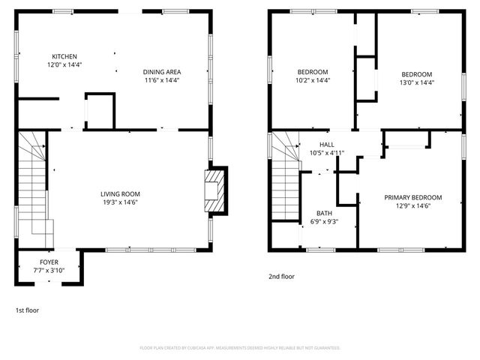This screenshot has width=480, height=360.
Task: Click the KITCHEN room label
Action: point(64,57)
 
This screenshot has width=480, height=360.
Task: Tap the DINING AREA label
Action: point(161,72)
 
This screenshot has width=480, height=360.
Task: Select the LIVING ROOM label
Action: point(121,194)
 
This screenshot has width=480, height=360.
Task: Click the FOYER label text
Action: point(49,262)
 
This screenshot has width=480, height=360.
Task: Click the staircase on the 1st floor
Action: point(33,184)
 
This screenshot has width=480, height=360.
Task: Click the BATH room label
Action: point(324,213)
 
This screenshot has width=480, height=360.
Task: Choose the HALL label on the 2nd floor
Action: point(326,145)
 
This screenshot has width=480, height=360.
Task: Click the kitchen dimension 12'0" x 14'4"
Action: point(64,65)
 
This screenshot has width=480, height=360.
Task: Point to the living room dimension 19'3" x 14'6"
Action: point(121,202)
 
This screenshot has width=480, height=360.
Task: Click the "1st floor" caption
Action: point(27,309)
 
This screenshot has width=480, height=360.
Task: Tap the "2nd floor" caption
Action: point(281,276)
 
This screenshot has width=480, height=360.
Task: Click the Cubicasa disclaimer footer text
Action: point(240,348)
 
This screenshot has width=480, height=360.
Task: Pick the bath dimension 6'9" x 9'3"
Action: point(324,221)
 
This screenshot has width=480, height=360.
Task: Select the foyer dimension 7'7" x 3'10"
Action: point(49,270)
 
